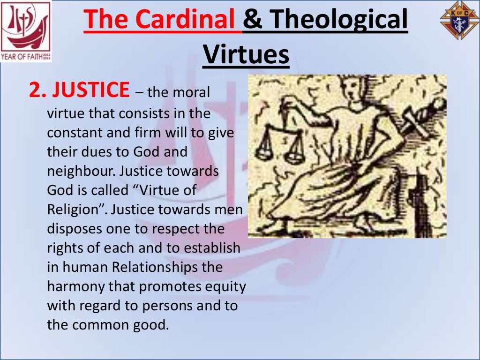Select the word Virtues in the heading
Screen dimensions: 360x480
(x=246, y=55)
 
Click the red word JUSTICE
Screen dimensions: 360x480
(x=90, y=90)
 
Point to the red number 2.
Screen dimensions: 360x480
(x=35, y=90)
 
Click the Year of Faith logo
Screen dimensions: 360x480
(x=26, y=31)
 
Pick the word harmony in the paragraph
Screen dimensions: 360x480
(x=76, y=286)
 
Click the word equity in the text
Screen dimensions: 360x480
(x=226, y=286)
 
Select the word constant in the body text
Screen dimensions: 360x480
(x=76, y=133)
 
